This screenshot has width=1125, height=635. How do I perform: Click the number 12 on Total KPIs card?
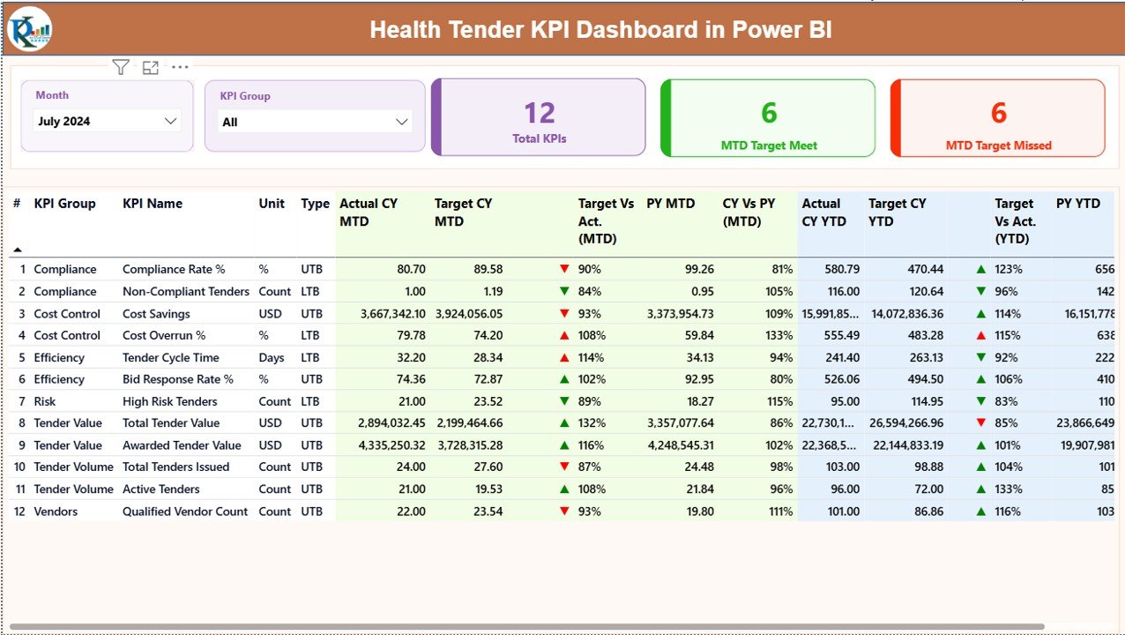click(x=539, y=113)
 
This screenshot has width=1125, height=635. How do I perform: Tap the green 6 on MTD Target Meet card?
click(x=769, y=113)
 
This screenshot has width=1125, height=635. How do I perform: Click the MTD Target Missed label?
click(x=998, y=146)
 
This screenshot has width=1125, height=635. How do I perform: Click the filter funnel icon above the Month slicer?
click(x=121, y=67)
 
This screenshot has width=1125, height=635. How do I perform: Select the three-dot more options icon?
click(x=180, y=67)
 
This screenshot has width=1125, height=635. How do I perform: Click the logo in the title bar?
click(x=29, y=30)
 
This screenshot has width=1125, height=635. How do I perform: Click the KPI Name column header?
click(x=153, y=204)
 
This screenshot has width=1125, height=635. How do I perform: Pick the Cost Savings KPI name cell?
click(x=156, y=314)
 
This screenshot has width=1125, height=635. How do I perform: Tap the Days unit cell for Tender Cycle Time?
click(x=272, y=358)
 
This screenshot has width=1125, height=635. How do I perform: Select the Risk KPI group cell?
click(x=45, y=401)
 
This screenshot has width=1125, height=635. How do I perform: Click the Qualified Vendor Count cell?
click(x=185, y=512)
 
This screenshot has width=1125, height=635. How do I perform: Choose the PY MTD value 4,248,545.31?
click(x=681, y=445)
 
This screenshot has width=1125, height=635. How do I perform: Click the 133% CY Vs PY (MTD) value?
click(x=779, y=336)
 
